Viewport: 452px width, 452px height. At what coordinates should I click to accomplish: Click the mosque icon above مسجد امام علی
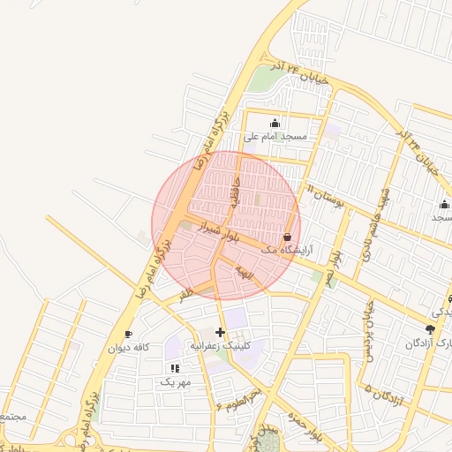[275, 123]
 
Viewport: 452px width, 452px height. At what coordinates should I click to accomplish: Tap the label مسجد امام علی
[275, 137]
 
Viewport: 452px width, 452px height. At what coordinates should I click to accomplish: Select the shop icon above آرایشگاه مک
[288, 237]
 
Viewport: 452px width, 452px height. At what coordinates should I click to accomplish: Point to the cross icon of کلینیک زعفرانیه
[220, 332]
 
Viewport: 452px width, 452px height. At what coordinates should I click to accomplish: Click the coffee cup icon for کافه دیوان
[129, 334]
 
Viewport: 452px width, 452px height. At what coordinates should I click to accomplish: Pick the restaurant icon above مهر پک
[175, 368]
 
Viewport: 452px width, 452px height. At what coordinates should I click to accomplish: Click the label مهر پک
[175, 381]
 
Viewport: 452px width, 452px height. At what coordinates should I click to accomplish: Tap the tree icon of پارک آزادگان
[430, 329]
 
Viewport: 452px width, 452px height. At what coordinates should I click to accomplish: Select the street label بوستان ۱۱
[325, 196]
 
